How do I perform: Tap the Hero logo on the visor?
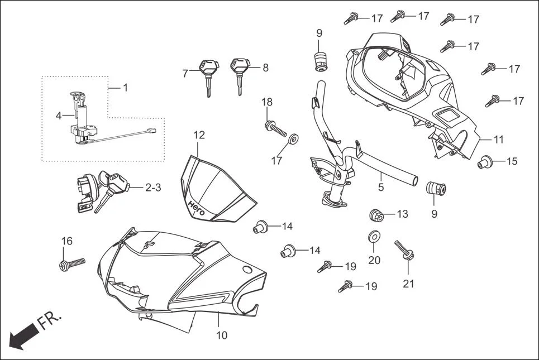pyautogui.click(x=195, y=207)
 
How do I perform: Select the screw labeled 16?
pyautogui.click(x=71, y=263)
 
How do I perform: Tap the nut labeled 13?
pyautogui.click(x=377, y=214)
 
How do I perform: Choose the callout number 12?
pyautogui.click(x=199, y=135)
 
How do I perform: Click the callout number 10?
pyautogui.click(x=222, y=335)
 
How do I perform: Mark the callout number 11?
pyautogui.click(x=499, y=139)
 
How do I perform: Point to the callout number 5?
pyautogui.click(x=381, y=188)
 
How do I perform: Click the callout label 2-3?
pyautogui.click(x=153, y=188)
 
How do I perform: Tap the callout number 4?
pyautogui.click(x=58, y=116)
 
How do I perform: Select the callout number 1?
pyautogui.click(x=126, y=88)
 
